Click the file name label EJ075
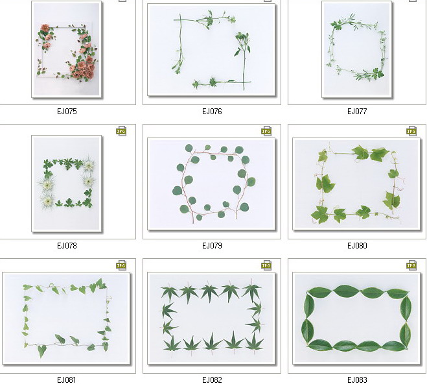pos(67,111)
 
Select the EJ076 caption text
pos(212,111)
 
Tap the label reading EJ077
pos(357,111)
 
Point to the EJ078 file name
pos(67,246)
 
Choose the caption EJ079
pos(212,246)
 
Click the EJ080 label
pos(357,246)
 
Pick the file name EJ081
pos(67,380)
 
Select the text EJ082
pos(212,380)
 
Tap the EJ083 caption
pos(357,380)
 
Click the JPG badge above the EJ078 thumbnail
pos(121,131)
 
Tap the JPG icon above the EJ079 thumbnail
pos(266,131)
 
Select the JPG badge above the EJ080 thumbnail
pos(411,131)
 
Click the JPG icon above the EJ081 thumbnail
pos(121,265)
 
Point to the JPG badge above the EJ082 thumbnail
pos(266,265)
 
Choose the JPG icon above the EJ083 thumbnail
pos(411,265)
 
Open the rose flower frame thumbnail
pos(67,49)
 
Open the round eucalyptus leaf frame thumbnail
pos(212,184)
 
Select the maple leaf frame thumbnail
pos(212,319)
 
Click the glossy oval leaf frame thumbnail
pos(357,319)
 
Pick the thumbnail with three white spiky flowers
pos(67,184)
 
